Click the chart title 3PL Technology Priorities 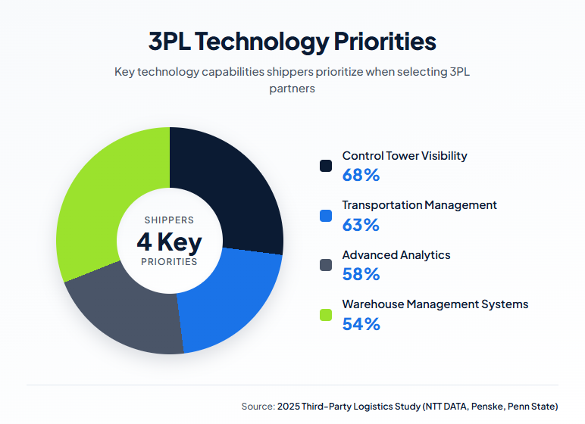(x=292, y=41)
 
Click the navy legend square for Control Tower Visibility (x=326, y=166)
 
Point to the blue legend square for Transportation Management (x=326, y=215)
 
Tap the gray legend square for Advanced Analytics (x=326, y=265)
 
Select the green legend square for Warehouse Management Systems (x=326, y=314)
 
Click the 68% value (x=361, y=176)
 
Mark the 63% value (x=361, y=225)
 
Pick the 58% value (x=361, y=274)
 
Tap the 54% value (x=361, y=324)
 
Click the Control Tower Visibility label (x=405, y=156)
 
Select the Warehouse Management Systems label (x=435, y=304)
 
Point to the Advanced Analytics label (x=396, y=255)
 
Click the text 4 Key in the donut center (x=169, y=242)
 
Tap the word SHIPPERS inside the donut (x=169, y=220)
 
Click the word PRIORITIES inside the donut (x=169, y=262)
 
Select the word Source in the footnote (x=257, y=407)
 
